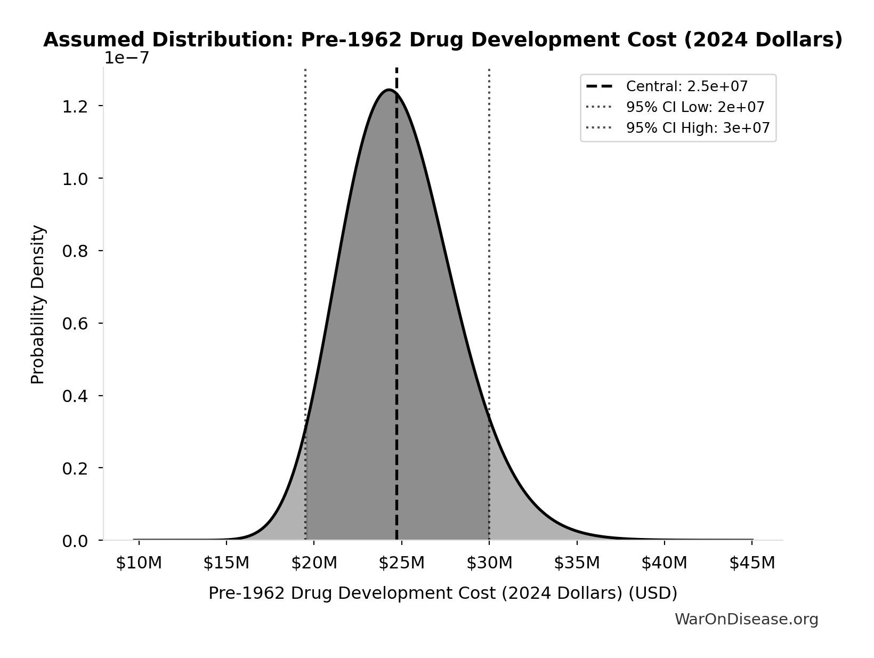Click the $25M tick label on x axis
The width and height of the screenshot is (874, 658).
[401, 563]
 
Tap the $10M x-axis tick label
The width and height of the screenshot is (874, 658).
[139, 563]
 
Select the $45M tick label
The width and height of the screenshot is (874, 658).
[752, 563]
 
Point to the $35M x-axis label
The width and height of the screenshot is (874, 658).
[577, 563]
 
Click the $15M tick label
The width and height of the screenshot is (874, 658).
[226, 563]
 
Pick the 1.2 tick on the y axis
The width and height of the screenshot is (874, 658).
[75, 107]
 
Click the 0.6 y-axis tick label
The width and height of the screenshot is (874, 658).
[75, 324]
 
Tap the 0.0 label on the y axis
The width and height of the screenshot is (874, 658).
[75, 541]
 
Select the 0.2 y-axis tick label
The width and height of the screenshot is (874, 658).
[75, 469]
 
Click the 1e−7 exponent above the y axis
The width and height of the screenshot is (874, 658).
[126, 58]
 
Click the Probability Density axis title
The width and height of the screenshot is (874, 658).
[38, 304]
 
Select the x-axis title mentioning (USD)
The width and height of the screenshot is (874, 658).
[442, 593]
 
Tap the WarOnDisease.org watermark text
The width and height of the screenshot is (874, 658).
[746, 619]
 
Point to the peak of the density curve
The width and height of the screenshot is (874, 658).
[390, 90]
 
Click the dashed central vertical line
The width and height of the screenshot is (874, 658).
[396, 320]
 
